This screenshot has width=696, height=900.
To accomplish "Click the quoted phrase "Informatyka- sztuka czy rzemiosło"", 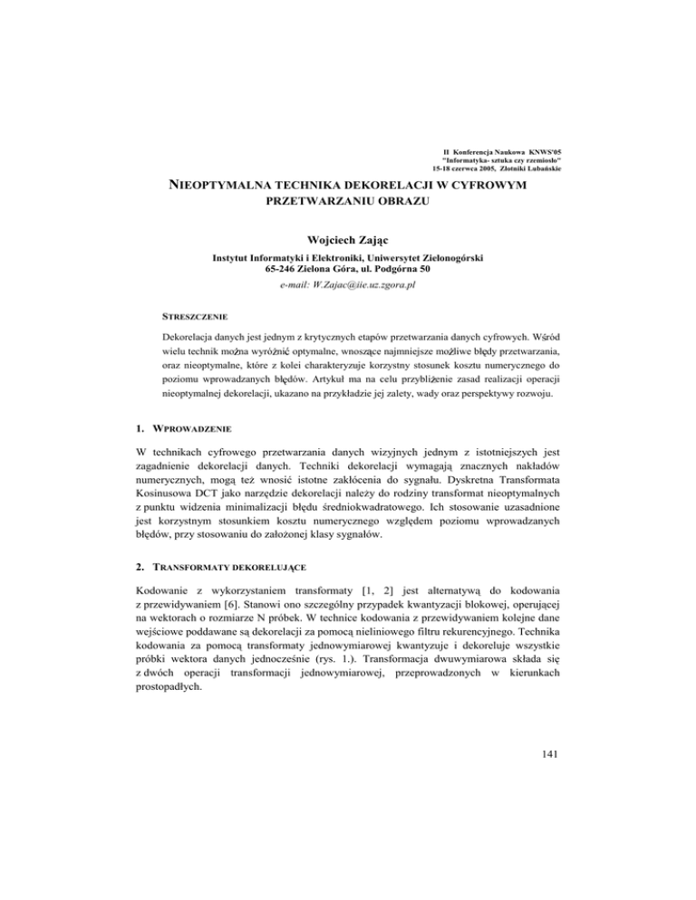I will (507, 159).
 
